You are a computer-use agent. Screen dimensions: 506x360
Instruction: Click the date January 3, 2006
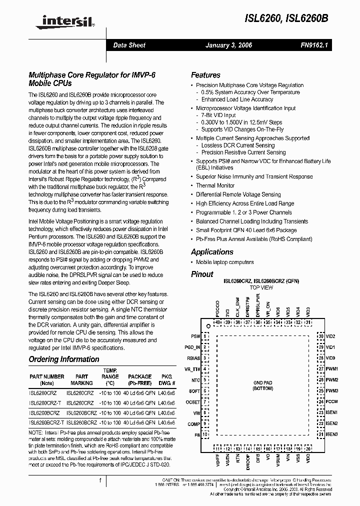point(228,45)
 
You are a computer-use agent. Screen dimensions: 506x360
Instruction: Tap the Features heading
point(205,75)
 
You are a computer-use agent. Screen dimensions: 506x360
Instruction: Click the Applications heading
point(212,252)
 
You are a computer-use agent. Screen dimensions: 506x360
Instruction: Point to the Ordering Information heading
point(63,359)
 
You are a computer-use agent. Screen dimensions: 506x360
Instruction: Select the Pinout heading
point(202,274)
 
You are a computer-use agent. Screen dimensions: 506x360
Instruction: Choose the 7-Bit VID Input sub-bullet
point(218,115)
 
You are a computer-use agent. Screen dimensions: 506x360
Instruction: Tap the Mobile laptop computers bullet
point(224,262)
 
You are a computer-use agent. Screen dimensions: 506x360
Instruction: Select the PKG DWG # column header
point(166,379)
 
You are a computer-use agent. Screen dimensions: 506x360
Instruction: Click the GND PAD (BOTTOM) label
point(263,385)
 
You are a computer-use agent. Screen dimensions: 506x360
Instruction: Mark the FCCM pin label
point(331,401)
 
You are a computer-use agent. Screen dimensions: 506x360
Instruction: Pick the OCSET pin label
point(193,402)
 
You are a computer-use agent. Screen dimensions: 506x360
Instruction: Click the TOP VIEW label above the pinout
point(261,288)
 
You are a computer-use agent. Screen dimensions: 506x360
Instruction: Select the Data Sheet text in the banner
point(129,45)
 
